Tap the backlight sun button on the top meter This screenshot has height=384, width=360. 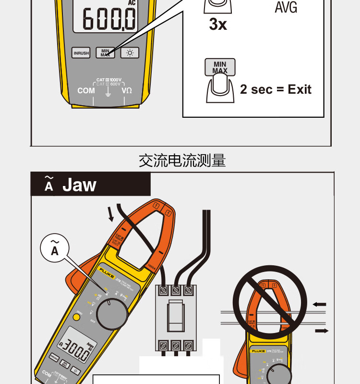(x=130, y=53)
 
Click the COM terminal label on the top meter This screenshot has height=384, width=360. (x=86, y=90)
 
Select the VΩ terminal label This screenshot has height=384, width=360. (x=127, y=90)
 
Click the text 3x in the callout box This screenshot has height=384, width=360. (x=218, y=25)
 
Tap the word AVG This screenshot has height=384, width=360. (x=286, y=8)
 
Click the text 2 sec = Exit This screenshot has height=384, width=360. (x=276, y=89)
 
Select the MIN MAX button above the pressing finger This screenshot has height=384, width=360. (x=219, y=67)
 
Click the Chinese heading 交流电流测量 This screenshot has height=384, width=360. (x=182, y=161)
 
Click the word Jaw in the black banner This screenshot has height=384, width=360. (x=79, y=185)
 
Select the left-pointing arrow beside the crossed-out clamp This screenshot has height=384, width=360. (x=320, y=304)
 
